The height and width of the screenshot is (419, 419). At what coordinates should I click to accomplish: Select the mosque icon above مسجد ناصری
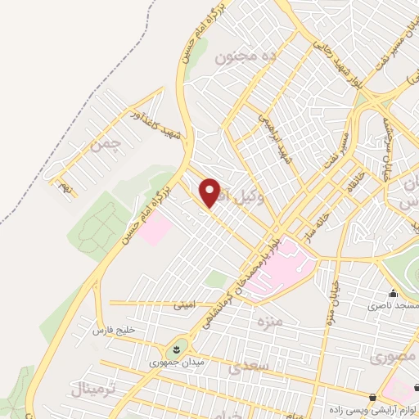(x=394, y=293)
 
